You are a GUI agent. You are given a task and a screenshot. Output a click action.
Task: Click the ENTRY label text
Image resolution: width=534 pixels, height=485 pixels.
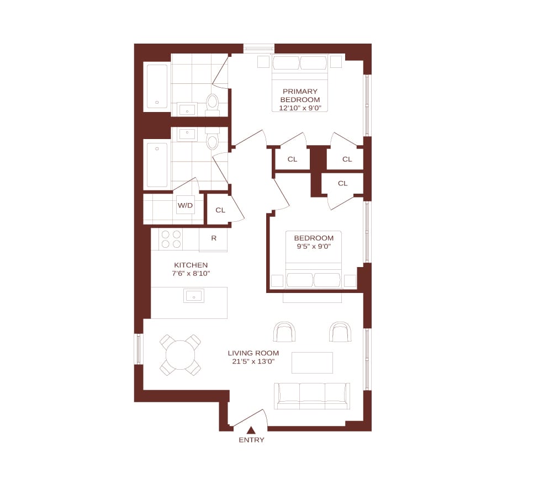pos(251,440)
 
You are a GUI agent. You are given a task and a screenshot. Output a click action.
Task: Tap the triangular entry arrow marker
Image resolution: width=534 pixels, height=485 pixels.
pos(251,430)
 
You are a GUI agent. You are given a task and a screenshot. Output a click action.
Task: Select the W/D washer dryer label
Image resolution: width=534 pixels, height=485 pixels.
pos(185,205)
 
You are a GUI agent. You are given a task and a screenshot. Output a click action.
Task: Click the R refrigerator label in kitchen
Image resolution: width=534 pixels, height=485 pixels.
pos(214,238)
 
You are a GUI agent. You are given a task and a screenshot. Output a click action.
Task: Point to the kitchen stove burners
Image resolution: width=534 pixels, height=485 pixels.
pos(171,239)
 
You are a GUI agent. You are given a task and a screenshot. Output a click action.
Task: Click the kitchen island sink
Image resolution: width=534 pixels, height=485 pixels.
pos(194,296)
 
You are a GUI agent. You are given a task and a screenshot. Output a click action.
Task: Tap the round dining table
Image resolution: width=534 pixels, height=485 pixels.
pos(180,354)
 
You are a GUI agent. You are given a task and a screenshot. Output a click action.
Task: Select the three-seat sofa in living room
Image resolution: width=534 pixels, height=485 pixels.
pos(312,396)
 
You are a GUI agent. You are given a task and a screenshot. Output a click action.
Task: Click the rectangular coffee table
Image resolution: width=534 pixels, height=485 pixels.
pos(312,363)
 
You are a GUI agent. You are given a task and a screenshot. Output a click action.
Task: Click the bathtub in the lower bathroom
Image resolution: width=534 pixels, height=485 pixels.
pos(157,165)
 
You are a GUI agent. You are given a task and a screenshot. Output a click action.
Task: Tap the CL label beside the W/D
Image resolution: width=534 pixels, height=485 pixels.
pos(220,210)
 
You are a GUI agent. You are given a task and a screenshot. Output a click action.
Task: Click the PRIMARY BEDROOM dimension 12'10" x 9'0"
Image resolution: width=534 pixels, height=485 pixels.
pos(300,108)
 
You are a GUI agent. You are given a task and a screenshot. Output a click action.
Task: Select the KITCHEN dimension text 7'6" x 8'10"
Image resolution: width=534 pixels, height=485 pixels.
pos(191,273)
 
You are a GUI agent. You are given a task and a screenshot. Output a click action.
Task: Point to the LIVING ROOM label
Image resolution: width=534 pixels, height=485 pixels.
pos(253,353)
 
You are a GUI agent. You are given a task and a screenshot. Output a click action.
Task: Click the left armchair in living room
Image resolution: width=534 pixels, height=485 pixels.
pos(284,332)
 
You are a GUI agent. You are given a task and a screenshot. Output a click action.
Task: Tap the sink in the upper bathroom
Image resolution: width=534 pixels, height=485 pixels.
pos(187,110)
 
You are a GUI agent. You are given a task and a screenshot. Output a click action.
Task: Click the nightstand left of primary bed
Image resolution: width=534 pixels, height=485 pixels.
pos(263,62)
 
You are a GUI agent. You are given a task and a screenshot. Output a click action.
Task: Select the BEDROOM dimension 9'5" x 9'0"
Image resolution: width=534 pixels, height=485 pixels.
pos(314,246)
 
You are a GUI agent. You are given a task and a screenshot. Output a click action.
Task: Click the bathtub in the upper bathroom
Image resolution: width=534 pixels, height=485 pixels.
pos(157,87)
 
